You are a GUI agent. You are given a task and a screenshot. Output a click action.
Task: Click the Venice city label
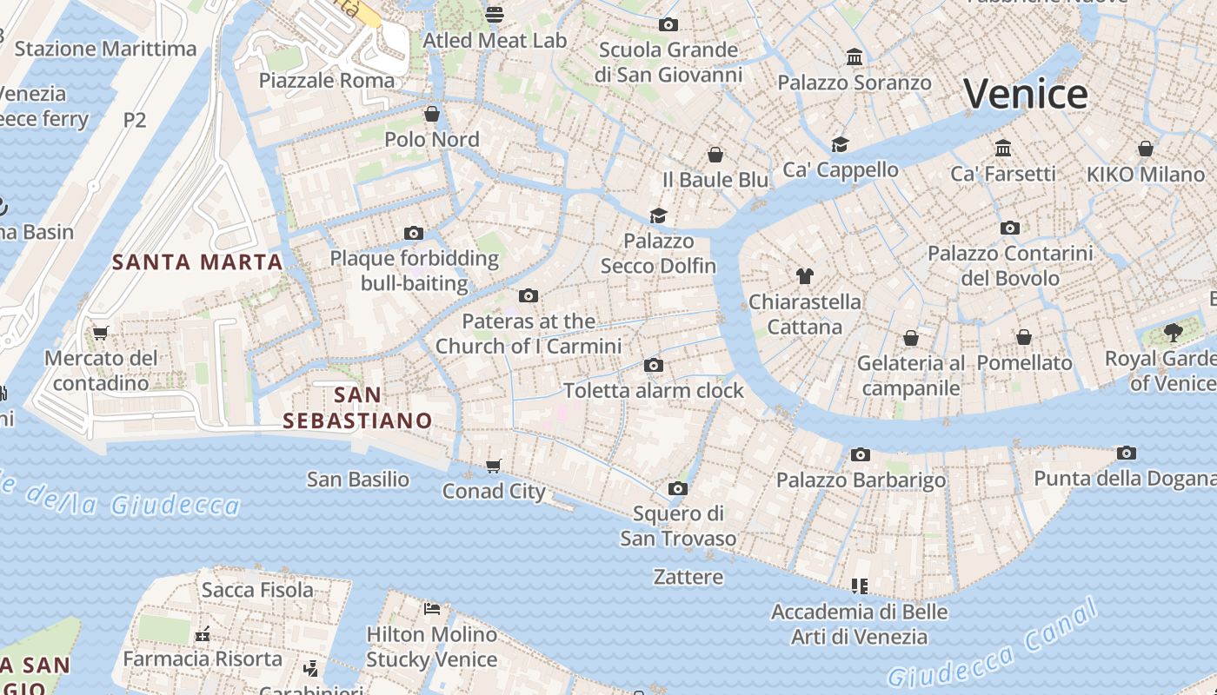[x=1025, y=94]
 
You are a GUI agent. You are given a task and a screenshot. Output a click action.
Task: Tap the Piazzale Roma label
[x=327, y=81]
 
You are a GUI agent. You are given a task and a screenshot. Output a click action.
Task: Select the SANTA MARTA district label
[x=198, y=261]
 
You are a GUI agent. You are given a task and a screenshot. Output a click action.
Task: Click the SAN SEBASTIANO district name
[x=357, y=407]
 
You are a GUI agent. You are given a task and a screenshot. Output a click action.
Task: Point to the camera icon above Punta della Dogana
[x=1126, y=453]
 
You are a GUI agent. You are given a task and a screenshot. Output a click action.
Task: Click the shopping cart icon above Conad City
[x=494, y=466]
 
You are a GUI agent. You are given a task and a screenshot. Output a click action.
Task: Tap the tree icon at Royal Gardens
[x=1173, y=332]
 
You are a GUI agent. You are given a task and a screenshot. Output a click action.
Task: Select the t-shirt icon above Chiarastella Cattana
[x=805, y=276]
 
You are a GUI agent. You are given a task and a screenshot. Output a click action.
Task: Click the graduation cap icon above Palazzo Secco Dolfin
[x=658, y=215]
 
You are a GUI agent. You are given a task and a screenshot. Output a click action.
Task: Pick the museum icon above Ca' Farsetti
[x=1003, y=148]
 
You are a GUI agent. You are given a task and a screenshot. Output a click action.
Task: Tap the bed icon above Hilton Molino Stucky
[x=432, y=608]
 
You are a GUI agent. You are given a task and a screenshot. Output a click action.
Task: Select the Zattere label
[x=688, y=577]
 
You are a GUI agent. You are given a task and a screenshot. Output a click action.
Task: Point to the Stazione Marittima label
[x=106, y=49]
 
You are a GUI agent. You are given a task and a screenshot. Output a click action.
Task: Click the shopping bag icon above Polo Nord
[x=432, y=114]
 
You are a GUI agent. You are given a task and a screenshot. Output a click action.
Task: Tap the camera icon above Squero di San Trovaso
[x=678, y=488]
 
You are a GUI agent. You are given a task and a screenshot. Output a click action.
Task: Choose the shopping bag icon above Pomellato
[x=1024, y=337]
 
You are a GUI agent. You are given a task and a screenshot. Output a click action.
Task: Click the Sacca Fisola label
[x=257, y=590]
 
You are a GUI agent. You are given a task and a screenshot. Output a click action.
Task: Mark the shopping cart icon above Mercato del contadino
[x=101, y=333]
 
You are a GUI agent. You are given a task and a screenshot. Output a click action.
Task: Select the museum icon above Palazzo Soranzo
[x=855, y=57]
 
